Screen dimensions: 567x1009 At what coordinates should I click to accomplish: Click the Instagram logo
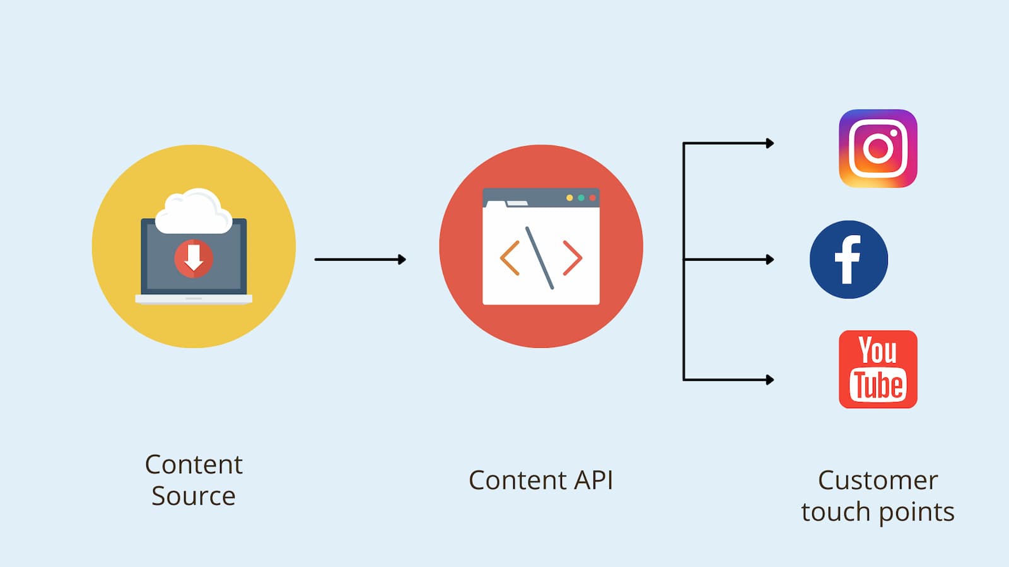878,149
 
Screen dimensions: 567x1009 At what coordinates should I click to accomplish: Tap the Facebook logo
849,260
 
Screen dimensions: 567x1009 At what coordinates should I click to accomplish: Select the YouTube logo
878,369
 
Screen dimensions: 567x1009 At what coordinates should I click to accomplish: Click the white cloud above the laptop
194,213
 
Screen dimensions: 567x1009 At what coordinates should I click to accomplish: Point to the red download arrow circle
194,258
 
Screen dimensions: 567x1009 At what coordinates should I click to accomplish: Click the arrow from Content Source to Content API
360,260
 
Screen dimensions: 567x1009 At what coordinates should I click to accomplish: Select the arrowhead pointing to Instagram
769,144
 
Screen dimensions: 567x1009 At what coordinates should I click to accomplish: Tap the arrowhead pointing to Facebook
769,260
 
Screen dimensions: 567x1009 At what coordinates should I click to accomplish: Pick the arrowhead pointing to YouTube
769,380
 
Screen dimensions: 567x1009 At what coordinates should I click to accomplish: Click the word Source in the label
194,496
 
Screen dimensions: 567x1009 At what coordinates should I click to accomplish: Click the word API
593,481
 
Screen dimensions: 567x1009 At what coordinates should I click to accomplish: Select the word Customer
878,481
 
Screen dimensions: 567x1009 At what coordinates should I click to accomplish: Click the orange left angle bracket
510,258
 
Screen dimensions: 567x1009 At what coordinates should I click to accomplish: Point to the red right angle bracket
573,258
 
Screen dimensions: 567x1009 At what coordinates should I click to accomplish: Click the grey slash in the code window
540,258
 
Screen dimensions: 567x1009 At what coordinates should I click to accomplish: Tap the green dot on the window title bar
581,198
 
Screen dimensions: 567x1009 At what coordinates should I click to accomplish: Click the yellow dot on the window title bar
569,198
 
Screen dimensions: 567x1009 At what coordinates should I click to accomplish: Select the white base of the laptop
194,299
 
